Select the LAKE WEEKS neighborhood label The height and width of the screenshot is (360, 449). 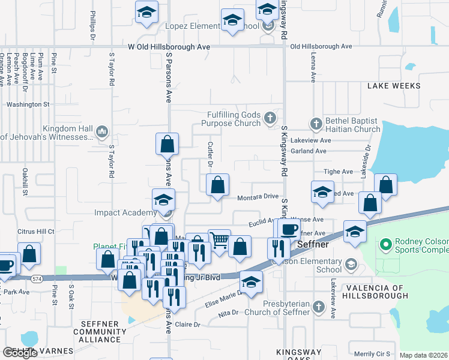pos(393,86)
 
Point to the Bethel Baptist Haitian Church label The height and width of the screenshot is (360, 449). pos(352,125)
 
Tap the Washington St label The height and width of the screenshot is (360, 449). pos(28,104)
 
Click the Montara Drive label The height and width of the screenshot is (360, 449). pos(258,197)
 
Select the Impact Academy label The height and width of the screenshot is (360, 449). pos(125,212)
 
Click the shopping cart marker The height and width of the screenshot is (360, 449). pos(220,241)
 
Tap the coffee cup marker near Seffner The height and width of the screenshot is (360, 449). pos(288,229)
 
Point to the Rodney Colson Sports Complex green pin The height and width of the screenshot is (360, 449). pos(385,245)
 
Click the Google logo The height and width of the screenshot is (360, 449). pos(20,353)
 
